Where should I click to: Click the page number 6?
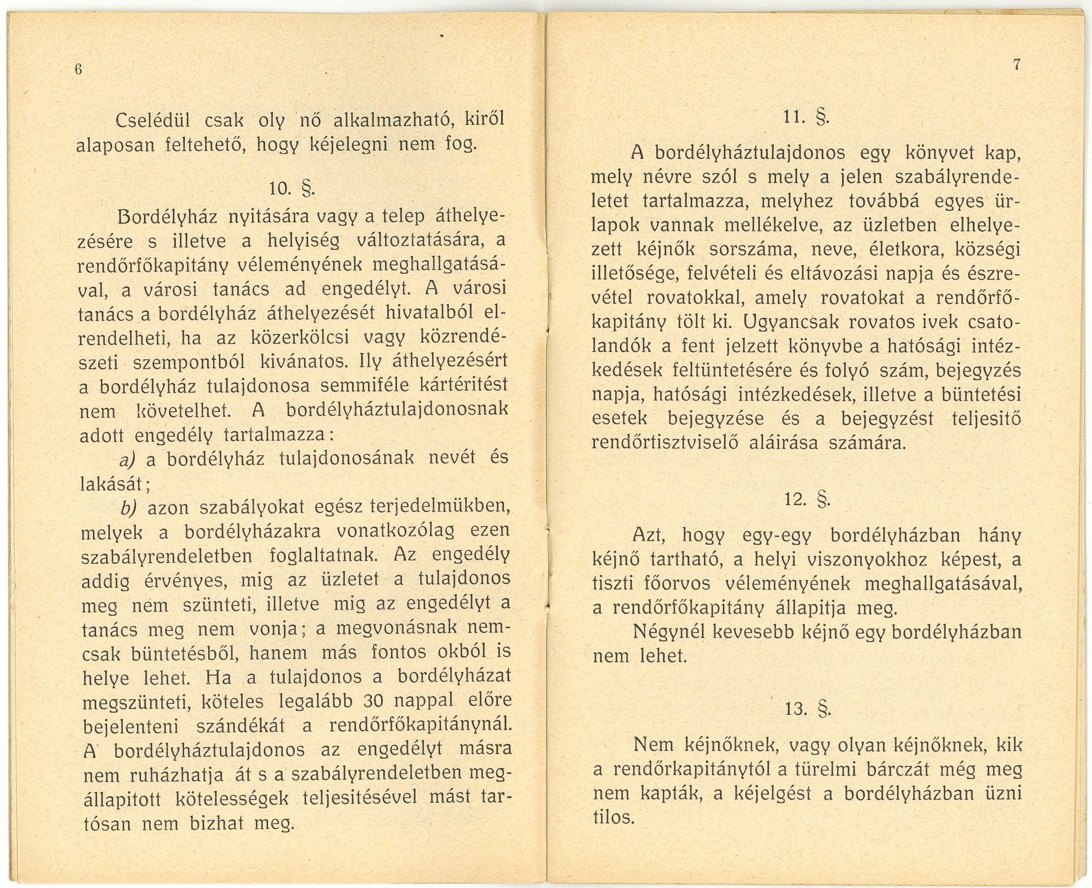(x=79, y=70)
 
